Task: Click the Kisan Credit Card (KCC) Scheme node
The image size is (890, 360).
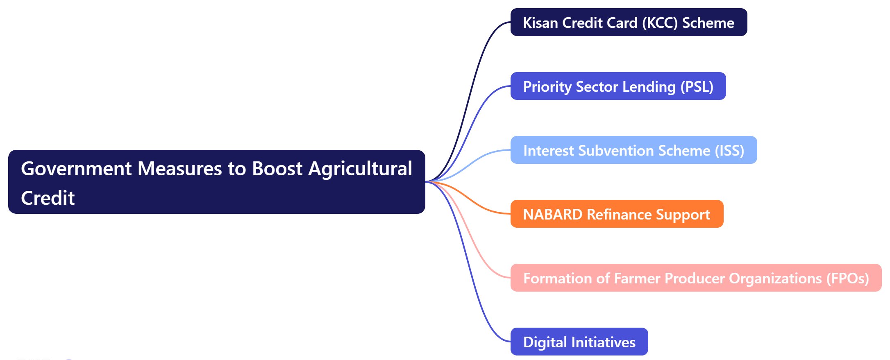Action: tap(628, 22)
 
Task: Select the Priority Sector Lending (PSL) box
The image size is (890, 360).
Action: tap(618, 86)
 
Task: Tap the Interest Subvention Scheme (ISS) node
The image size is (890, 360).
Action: tap(633, 150)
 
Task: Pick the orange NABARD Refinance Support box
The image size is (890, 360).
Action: tap(616, 214)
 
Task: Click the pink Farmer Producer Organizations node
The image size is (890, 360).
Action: tap(695, 278)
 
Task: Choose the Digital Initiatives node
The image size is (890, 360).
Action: tap(579, 342)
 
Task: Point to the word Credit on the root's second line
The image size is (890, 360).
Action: tap(48, 198)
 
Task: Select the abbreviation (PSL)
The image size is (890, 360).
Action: tap(697, 86)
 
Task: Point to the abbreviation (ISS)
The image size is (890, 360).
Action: tap(729, 150)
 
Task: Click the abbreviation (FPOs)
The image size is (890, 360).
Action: tap(847, 278)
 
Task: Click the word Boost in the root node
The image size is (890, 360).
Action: tap(277, 169)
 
